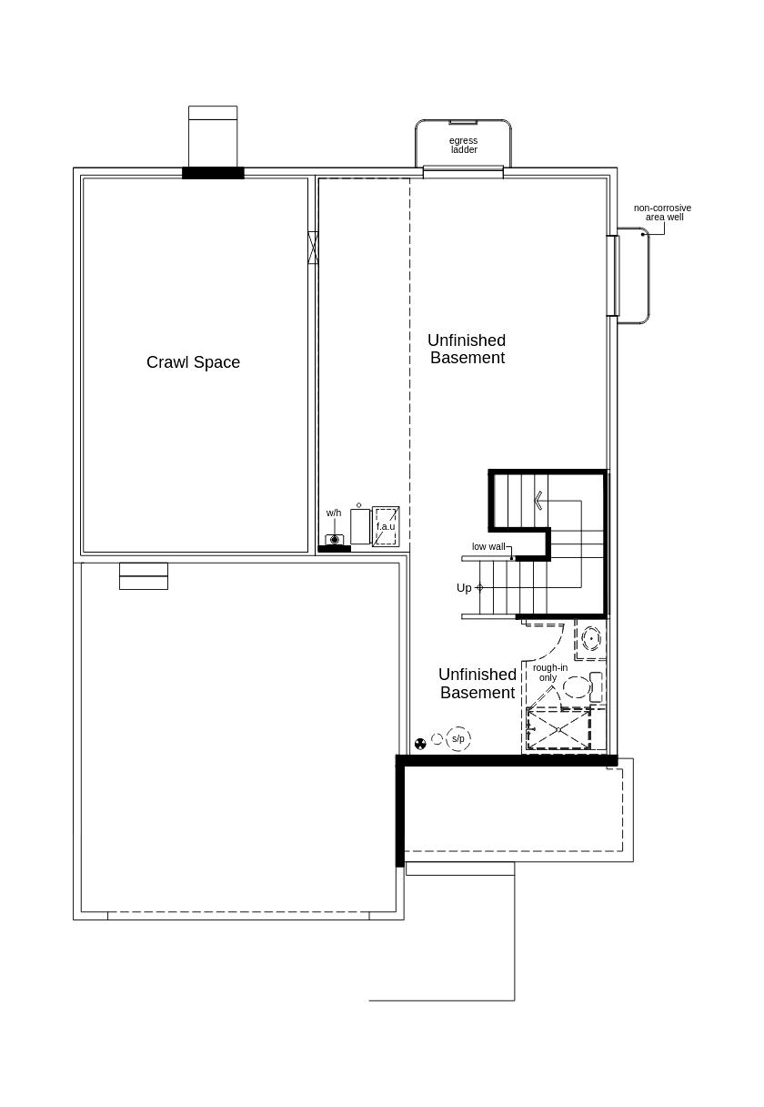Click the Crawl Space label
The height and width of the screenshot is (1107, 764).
(x=193, y=362)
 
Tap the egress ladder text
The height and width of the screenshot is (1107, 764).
(x=464, y=146)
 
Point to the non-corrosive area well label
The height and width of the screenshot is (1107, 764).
(x=662, y=212)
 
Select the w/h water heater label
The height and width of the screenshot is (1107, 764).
(x=334, y=513)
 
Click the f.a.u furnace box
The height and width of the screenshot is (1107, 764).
(x=386, y=527)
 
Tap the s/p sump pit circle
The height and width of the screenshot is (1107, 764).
(x=458, y=739)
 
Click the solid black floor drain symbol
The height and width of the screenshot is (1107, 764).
(x=420, y=744)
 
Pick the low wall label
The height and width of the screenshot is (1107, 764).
(x=488, y=546)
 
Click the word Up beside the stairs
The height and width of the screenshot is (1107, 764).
(x=464, y=588)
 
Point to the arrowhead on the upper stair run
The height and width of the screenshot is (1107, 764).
(x=538, y=500)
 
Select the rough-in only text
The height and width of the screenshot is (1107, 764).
(x=549, y=673)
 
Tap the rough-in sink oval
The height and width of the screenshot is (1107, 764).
(x=591, y=639)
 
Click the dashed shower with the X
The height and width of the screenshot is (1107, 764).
(x=558, y=729)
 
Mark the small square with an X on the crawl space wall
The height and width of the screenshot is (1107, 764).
(x=313, y=248)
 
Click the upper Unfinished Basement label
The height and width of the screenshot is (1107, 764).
(x=467, y=349)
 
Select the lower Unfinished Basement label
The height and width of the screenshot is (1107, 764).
(x=477, y=684)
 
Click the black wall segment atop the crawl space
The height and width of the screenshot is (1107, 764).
(x=213, y=173)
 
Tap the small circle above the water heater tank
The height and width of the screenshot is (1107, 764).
(x=359, y=505)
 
